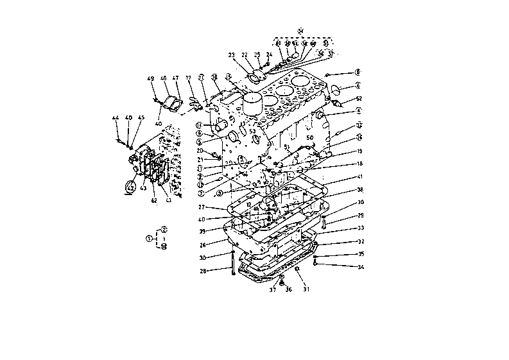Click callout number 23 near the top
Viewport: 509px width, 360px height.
[231, 55]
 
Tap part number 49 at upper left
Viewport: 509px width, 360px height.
[151, 79]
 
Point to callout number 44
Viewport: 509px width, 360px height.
[116, 118]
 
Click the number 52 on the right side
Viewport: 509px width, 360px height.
[359, 99]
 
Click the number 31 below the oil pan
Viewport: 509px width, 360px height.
[306, 289]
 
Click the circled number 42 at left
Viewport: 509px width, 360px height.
[130, 187]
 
